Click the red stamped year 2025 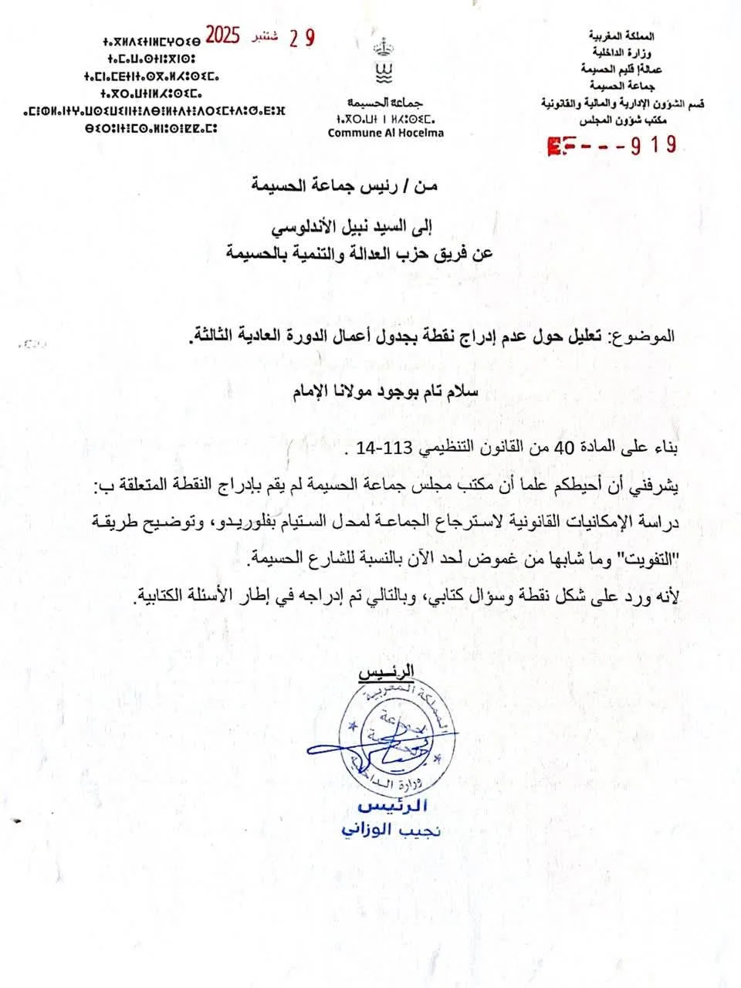[223, 36]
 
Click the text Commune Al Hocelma [385, 133]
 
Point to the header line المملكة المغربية [621, 36]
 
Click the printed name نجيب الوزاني [391, 831]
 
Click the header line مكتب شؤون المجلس [621, 120]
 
